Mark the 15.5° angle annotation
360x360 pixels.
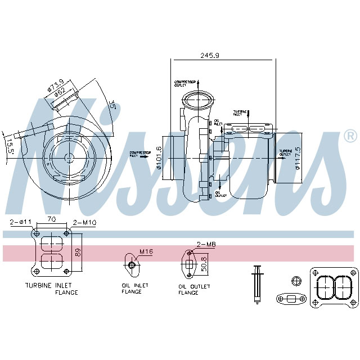pyautogui.click(x=8, y=145)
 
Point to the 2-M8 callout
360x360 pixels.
pyautogui.click(x=206, y=244)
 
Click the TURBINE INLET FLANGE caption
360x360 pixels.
pyautogui.click(x=51, y=289)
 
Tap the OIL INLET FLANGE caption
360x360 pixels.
pyautogui.click(x=135, y=289)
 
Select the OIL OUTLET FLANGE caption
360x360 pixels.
pyautogui.click(x=194, y=290)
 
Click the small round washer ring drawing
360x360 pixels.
pyautogui.click(x=296, y=281)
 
